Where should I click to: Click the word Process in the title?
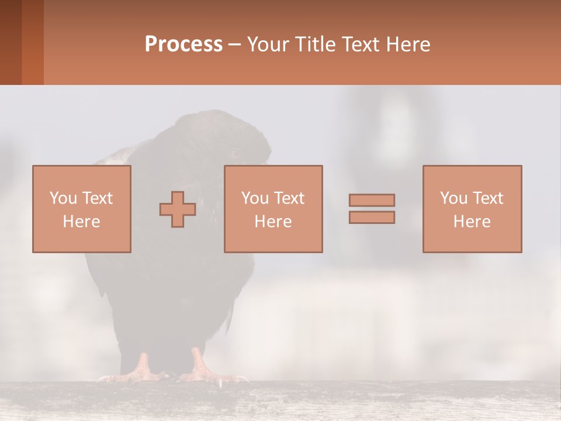183,44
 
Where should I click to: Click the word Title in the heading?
314,44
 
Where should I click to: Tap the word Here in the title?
409,44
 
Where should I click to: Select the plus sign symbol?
178,209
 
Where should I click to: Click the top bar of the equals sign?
372,200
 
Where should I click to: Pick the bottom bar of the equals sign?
372,217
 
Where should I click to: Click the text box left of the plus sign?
82,209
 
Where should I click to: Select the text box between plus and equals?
273,209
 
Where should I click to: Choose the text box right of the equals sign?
472,209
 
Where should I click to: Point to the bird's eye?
236,154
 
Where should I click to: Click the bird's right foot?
202,368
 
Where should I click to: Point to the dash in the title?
235,44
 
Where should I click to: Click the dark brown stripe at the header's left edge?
11,42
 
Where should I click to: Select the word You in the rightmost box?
453,198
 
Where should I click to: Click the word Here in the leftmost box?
82,222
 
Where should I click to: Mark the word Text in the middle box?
289,198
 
